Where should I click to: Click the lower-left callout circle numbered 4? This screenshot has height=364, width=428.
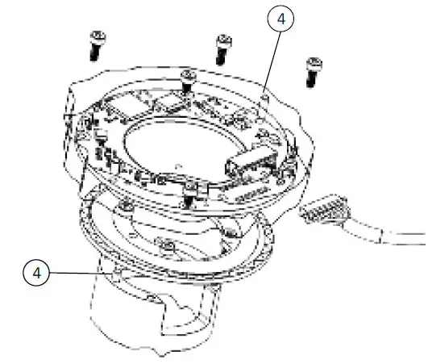click(x=35, y=273)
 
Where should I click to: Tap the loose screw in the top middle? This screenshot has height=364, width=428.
click(x=222, y=48)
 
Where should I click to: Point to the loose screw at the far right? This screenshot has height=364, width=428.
click(x=312, y=70)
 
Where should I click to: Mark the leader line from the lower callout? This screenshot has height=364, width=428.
click(x=81, y=274)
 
